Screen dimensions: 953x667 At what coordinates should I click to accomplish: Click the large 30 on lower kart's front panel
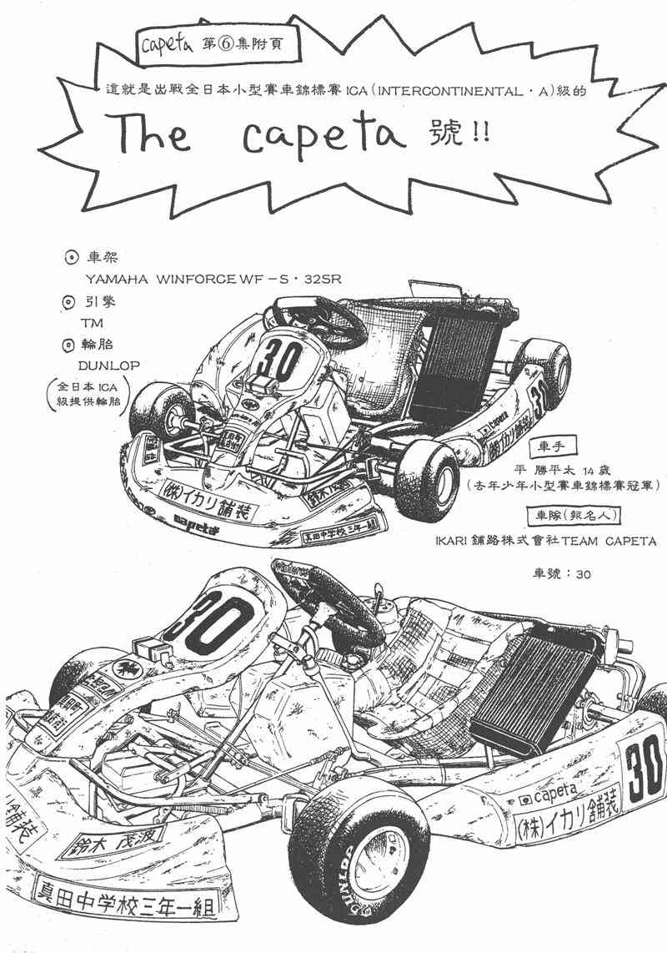tap(210, 618)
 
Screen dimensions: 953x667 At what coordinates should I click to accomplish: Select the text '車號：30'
tap(561, 574)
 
